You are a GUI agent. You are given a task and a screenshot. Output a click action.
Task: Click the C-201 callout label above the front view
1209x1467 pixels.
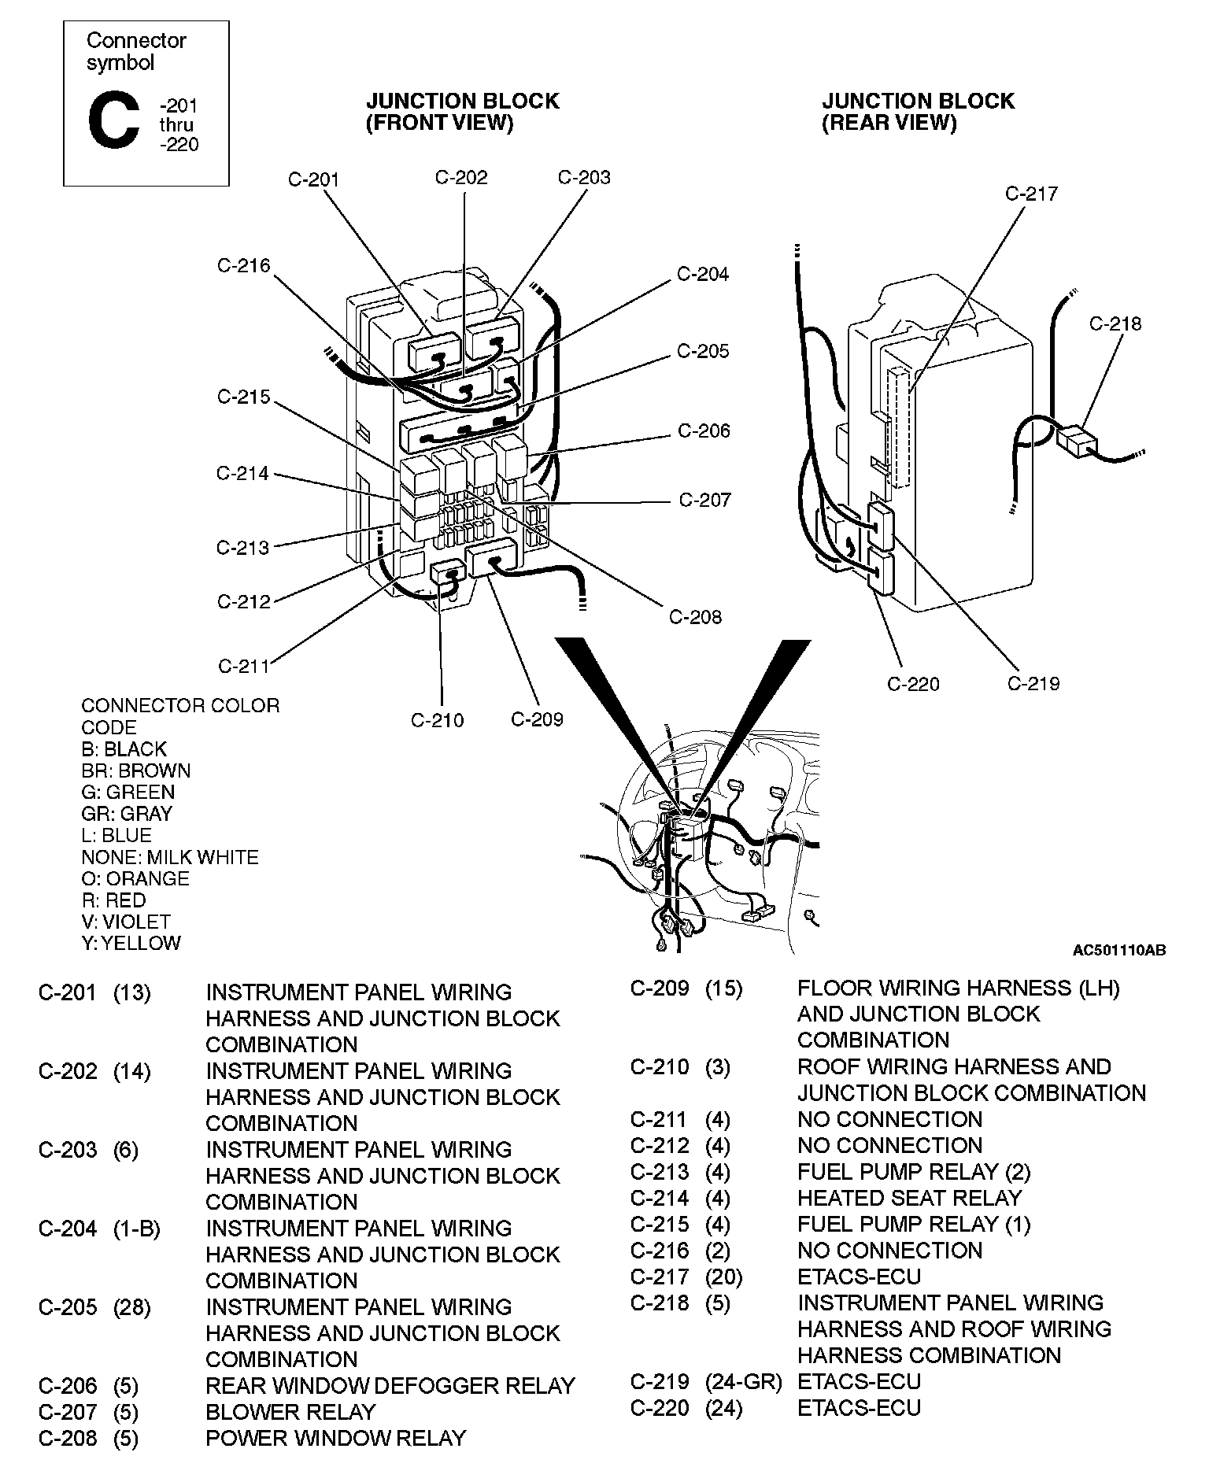(313, 179)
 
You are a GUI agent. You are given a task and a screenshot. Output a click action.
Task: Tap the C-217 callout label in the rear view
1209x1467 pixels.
(1032, 194)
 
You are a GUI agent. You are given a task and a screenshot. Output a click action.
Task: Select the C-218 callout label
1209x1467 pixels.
(1115, 323)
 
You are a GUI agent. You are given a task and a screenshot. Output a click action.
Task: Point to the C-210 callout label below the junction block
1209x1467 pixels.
(438, 720)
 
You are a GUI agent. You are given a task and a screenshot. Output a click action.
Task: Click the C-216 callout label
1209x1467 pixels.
(243, 266)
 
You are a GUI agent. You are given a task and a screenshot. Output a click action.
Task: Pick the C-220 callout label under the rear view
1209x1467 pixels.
(913, 684)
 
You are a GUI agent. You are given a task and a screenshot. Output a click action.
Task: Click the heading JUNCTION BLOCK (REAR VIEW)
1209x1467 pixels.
(918, 112)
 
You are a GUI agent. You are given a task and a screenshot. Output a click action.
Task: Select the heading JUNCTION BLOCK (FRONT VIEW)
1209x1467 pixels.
(462, 112)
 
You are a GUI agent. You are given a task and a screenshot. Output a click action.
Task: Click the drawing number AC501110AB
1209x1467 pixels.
(1119, 951)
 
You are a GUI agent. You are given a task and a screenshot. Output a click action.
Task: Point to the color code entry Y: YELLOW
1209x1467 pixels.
(131, 943)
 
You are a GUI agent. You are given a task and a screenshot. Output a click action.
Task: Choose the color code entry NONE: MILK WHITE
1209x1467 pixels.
(169, 857)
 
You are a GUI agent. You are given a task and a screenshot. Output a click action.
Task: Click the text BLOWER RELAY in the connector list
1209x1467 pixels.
(290, 1412)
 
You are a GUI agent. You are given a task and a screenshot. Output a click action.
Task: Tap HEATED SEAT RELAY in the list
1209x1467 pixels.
(909, 1198)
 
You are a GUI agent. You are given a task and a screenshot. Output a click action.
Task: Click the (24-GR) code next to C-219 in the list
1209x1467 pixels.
(743, 1381)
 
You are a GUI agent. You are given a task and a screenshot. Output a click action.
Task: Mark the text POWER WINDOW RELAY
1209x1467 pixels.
(336, 1438)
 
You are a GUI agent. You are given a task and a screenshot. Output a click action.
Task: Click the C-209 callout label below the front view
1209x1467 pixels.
(537, 719)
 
